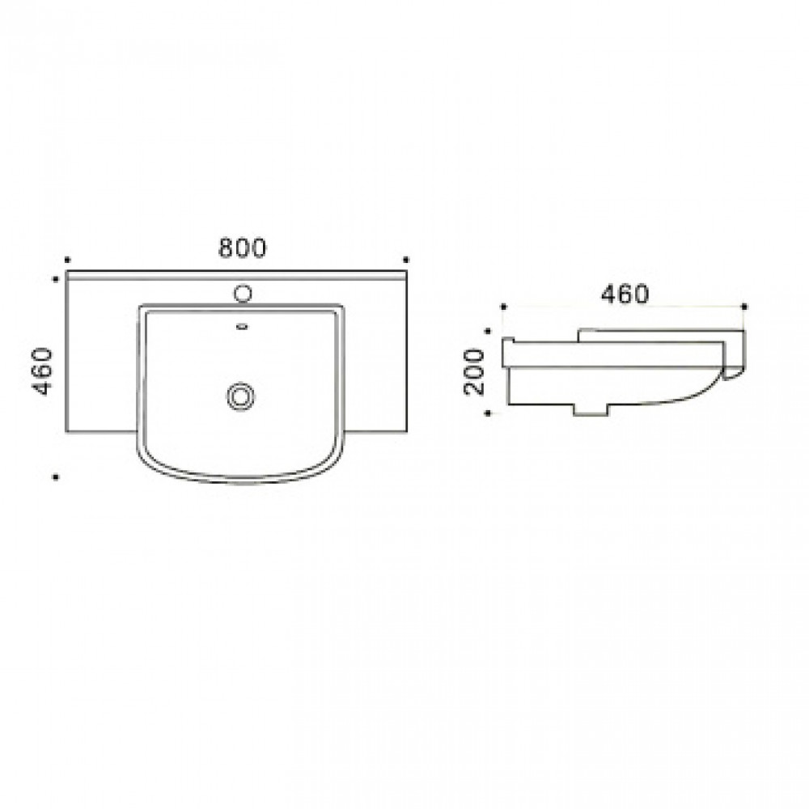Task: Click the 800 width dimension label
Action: pos(243,248)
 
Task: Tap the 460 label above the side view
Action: pos(625,294)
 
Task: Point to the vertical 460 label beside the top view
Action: pos(42,371)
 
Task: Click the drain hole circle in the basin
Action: pos(240,396)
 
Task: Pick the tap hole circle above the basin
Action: pos(243,294)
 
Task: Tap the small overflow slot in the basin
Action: pos(242,326)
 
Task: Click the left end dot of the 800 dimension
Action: pos(67,260)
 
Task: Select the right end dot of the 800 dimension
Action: pos(406,260)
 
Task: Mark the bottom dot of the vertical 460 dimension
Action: pos(56,477)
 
